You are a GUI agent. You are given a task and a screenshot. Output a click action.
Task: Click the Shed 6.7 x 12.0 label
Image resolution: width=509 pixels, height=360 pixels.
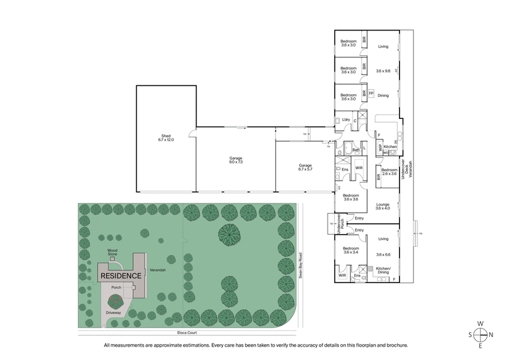[x=166, y=138]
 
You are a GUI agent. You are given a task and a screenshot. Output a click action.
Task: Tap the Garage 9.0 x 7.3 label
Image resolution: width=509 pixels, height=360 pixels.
[x=235, y=160]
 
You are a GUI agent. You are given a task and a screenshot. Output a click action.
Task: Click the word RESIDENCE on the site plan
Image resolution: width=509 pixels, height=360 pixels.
[x=119, y=276]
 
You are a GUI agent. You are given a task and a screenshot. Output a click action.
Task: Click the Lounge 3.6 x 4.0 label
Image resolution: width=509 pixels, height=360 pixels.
[x=383, y=206]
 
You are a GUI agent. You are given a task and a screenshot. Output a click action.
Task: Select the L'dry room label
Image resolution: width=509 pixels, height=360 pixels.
[x=345, y=120]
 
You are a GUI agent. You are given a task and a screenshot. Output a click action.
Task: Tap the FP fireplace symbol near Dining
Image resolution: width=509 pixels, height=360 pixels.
[x=371, y=93]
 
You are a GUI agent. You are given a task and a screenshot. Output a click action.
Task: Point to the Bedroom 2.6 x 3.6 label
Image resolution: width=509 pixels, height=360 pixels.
[x=389, y=172]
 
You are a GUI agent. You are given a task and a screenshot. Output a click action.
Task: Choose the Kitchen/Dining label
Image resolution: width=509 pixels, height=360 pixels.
[x=383, y=270]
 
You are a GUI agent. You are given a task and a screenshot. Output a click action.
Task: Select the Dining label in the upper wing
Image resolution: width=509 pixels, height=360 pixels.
[x=383, y=95]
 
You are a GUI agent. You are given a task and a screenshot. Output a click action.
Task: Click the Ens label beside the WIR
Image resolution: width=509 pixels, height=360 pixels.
[x=345, y=169]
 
